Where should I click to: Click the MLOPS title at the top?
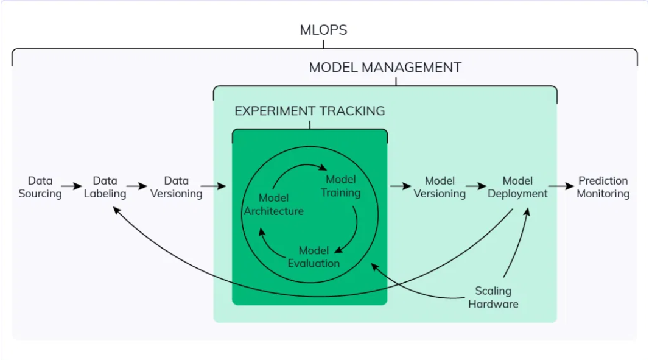tap(323, 30)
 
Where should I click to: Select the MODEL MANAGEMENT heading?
tap(385, 68)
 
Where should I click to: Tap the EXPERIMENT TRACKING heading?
tap(310, 111)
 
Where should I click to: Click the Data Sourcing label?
tap(40, 187)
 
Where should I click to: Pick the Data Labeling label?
tap(105, 187)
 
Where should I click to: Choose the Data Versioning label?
tap(177, 187)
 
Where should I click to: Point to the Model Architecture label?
tap(273, 204)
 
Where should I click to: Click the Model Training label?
tap(340, 186)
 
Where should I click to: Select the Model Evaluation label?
tap(314, 257)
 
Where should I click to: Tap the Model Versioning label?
tap(440, 187)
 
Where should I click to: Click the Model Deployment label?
tap(517, 187)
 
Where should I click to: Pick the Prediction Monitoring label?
tap(603, 187)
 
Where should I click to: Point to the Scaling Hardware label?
tap(493, 297)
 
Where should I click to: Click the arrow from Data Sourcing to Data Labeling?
tap(71, 186)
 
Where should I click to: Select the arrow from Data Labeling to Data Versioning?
tap(137, 186)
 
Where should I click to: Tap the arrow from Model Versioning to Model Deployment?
tap(476, 186)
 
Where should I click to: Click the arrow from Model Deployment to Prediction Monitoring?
tap(561, 186)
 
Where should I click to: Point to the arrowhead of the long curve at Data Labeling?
tap(117, 211)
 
